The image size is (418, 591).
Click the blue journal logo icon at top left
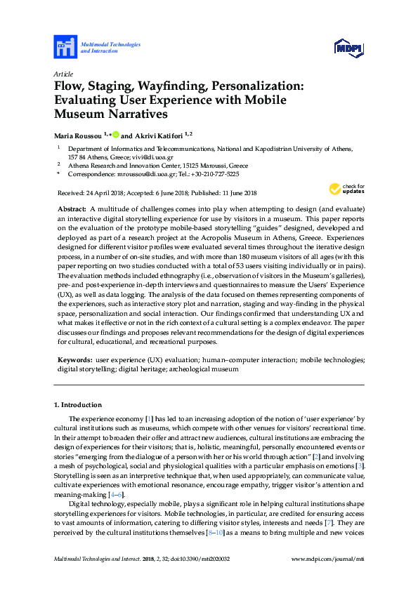coord(65,48)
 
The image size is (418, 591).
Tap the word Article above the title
coord(64,73)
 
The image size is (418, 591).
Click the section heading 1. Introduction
coord(78,405)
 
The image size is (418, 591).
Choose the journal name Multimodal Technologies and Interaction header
coord(110,48)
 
